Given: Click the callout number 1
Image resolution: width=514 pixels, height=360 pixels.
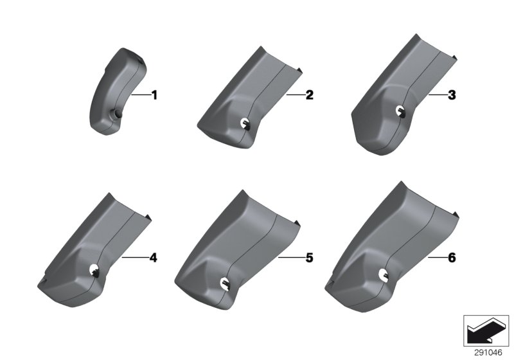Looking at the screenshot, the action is coord(154,95).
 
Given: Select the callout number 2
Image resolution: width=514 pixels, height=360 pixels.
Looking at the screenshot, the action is coord(310,95).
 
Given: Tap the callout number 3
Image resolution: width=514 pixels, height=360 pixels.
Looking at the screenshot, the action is coord(452,95).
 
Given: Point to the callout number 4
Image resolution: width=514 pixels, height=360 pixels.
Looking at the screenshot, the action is coord(153,258).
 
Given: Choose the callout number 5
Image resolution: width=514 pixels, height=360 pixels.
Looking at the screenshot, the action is coord(310,258).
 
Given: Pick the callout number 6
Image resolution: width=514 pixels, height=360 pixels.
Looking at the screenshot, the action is coord(452,258).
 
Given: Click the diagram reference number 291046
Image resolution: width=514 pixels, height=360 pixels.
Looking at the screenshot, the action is coord(488,352).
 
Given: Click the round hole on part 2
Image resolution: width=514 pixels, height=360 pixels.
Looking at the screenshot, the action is coord(245,123).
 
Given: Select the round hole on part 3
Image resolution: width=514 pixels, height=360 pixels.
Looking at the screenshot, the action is coord(400,111).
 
